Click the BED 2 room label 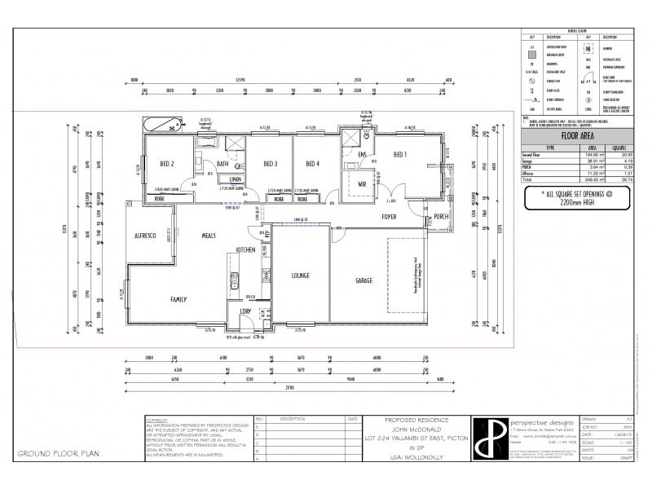pos(167,164)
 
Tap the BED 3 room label pos(271,164)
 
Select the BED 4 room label pos(313,164)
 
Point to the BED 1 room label pos(401,154)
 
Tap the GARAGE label pos(363,280)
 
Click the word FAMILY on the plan pos(178,299)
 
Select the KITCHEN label pos(247,249)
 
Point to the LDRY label pos(244,311)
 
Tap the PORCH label pos(441,217)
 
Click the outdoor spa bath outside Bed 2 pos(159,125)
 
